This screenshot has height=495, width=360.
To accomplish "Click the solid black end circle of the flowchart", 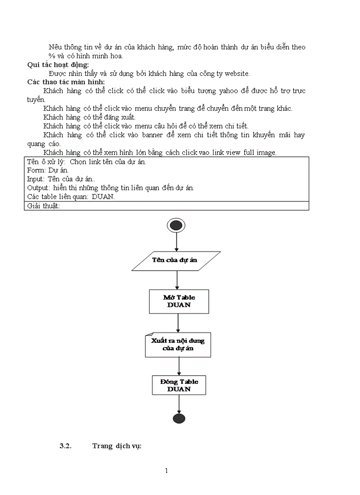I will coord(179,418).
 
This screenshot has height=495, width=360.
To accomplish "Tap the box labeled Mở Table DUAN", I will coord(179,301).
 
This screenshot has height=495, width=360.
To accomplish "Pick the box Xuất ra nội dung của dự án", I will coord(178,345).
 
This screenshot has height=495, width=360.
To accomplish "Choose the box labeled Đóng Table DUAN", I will coord(179,385).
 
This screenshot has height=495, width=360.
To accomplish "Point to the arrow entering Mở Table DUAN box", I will coord(177,279).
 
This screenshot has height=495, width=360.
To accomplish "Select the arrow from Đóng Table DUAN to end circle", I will coord(179,404).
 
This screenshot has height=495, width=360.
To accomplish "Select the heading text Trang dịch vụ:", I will coord(116,446).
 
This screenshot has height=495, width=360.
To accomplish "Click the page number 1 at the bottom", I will coord(166,471).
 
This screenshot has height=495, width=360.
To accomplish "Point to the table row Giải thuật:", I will coord(43,206).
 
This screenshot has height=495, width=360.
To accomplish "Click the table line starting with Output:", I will coord(110,188).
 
